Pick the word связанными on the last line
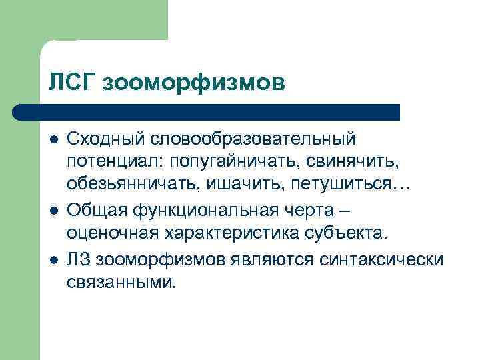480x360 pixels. [122, 283]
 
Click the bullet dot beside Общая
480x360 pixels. [53, 211]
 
